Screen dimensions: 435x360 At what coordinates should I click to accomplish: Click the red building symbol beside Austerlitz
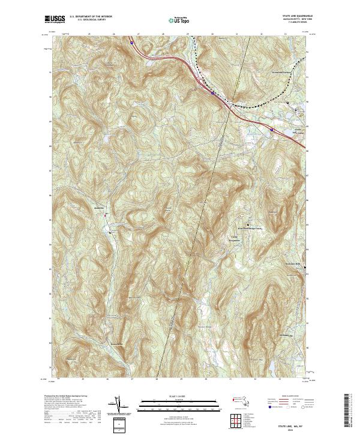tap(106, 214)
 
